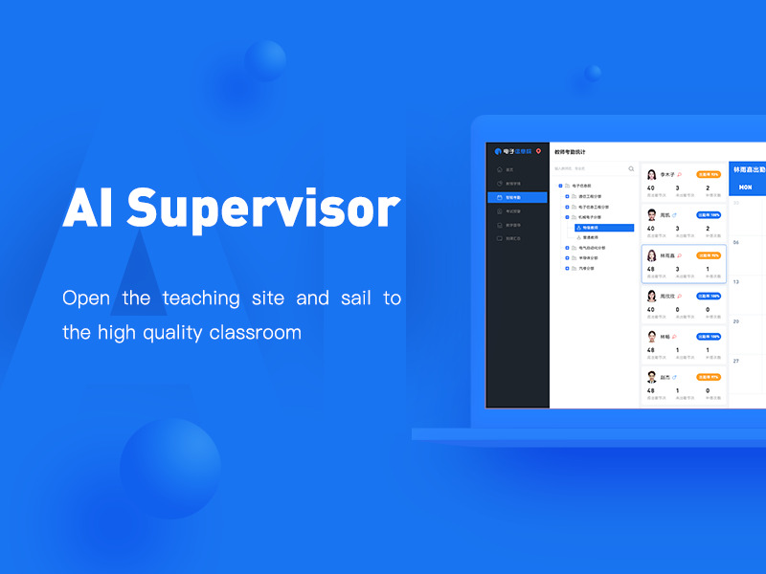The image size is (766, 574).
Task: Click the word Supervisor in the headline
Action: pyautogui.click(x=263, y=207)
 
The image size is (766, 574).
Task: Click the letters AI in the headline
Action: pyautogui.click(x=91, y=207)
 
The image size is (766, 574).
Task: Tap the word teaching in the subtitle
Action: pyautogui.click(x=201, y=298)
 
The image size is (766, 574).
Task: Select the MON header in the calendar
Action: pyautogui.click(x=745, y=188)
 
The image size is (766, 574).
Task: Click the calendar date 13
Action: pyautogui.click(x=735, y=281)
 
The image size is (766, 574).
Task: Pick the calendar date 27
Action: pyautogui.click(x=735, y=362)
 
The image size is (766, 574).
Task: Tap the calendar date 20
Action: pyautogui.click(x=735, y=321)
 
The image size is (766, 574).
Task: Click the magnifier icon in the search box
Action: pyautogui.click(x=631, y=168)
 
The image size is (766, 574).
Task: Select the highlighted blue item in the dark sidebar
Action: pyautogui.click(x=517, y=197)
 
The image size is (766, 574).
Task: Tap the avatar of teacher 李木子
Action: pyautogui.click(x=652, y=175)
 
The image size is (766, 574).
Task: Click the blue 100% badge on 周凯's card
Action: pyautogui.click(x=709, y=215)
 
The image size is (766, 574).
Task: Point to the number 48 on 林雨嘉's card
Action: pyautogui.click(x=651, y=269)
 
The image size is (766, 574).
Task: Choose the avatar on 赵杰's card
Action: pyautogui.click(x=652, y=377)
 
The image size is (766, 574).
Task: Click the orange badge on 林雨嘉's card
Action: pyautogui.click(x=709, y=255)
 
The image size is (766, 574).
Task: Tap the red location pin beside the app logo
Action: pyautogui.click(x=539, y=151)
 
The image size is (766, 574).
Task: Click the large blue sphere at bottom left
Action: pyautogui.click(x=170, y=469)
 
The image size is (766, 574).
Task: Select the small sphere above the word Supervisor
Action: pyautogui.click(x=265, y=60)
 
